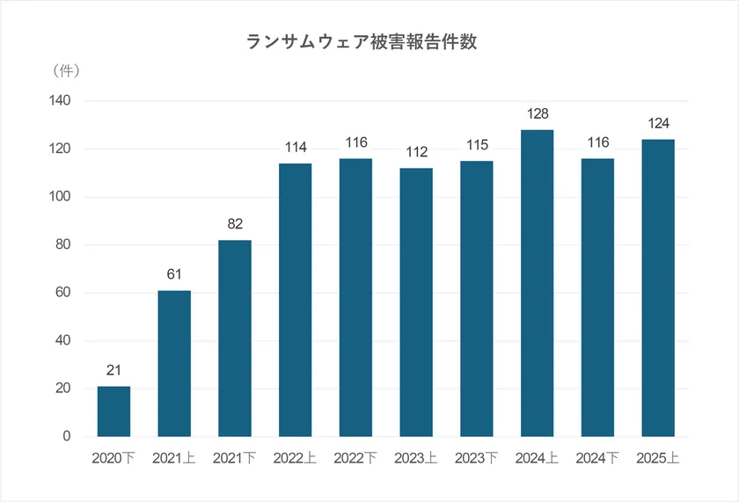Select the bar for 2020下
[x=113, y=411]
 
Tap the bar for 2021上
[x=174, y=363]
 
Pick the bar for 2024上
[x=537, y=283]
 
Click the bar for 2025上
[x=658, y=287]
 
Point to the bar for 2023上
[x=416, y=302]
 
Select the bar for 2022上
[x=295, y=300]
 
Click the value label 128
[x=537, y=114]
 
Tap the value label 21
[x=113, y=371]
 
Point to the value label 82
[x=234, y=225]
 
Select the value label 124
[x=658, y=124]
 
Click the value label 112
[x=416, y=153]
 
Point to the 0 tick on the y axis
[x=67, y=436]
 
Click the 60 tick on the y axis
[x=63, y=293]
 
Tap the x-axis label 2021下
[x=234, y=458]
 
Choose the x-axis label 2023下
[x=476, y=458]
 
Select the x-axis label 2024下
[x=597, y=458]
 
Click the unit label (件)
[x=67, y=69]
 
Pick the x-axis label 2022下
[x=355, y=458]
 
